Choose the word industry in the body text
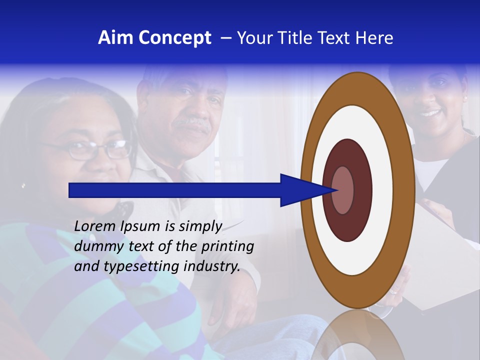pyautogui.click(x=212, y=266)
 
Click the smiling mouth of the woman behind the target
pyautogui.click(x=430, y=112)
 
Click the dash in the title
pyautogui.click(x=226, y=38)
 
